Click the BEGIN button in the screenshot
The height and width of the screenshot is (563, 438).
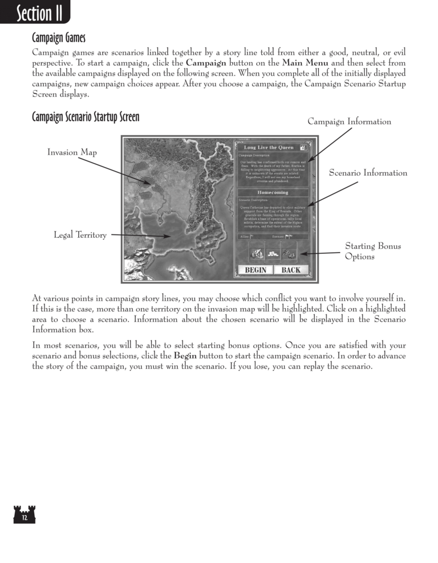(x=255, y=270)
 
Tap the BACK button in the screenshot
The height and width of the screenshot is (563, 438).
(x=291, y=270)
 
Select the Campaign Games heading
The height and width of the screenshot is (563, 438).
(x=58, y=38)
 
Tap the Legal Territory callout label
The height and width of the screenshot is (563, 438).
(x=80, y=235)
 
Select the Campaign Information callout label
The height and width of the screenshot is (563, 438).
(x=349, y=121)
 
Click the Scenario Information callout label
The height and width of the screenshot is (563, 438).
(x=368, y=173)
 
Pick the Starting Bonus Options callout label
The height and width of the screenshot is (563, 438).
(x=372, y=252)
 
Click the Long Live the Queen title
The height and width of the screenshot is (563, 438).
(x=269, y=147)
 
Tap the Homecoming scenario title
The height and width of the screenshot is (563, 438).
(x=273, y=193)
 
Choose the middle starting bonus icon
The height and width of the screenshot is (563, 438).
(x=273, y=254)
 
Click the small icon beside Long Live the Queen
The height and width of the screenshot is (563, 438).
(x=304, y=147)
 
